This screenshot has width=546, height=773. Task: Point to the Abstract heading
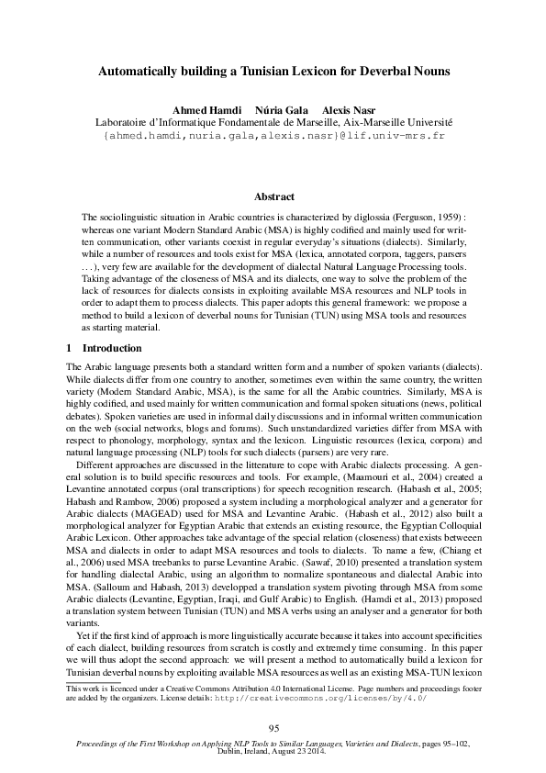click(273, 197)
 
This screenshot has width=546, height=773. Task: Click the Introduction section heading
click(112, 349)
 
